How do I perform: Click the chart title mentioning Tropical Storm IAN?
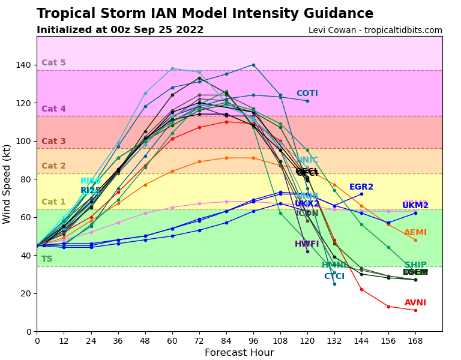(x=205, y=14)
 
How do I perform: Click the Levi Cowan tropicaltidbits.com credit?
(x=375, y=31)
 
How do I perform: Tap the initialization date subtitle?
(x=120, y=30)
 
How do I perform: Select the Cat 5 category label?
(x=53, y=63)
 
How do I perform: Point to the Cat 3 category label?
(x=53, y=142)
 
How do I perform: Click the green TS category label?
(x=47, y=259)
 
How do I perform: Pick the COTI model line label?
(x=307, y=94)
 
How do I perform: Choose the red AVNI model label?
(x=415, y=303)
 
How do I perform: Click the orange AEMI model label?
(x=415, y=233)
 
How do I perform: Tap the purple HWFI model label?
(x=307, y=244)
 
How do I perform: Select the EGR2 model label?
(x=361, y=187)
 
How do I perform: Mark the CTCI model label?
(x=334, y=277)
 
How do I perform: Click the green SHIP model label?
(x=415, y=265)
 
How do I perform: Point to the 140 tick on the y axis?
(x=25, y=65)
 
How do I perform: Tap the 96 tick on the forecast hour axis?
(x=253, y=341)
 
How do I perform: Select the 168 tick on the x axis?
(x=415, y=341)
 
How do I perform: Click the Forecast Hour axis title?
(x=239, y=353)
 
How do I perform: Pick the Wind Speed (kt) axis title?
(x=7, y=184)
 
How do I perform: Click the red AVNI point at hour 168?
(x=415, y=310)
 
